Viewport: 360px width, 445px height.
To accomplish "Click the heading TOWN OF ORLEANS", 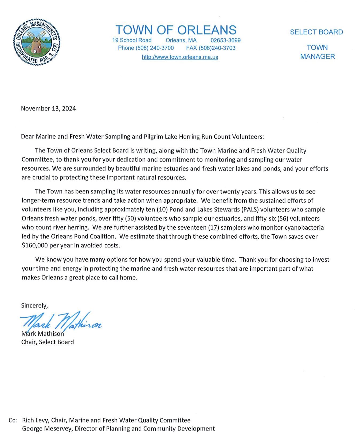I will (x=176, y=30).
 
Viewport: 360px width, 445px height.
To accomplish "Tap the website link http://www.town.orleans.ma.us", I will (x=180, y=57).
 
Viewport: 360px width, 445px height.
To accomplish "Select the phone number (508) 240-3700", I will (x=155, y=48).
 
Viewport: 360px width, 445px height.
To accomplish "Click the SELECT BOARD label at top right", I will (x=316, y=32).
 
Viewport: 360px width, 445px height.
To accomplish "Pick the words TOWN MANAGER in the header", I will (x=317, y=52).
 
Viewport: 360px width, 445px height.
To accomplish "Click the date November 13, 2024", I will (x=48, y=108).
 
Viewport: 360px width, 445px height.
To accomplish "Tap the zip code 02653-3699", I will (x=225, y=40).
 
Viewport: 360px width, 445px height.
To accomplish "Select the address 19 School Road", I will (x=132, y=40).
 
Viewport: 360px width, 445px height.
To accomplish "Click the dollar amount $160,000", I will (x=35, y=245).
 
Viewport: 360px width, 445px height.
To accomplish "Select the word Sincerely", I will (x=34, y=305).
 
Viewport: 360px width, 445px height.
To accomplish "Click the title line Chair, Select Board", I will (x=48, y=342).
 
